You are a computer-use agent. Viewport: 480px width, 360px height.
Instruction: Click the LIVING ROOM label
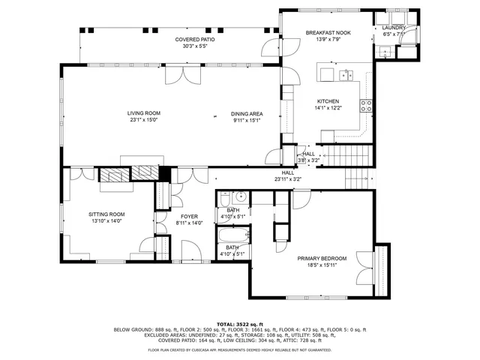(143, 113)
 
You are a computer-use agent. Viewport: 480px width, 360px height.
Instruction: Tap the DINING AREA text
(247, 113)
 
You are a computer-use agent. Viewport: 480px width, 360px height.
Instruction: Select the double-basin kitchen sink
(346, 74)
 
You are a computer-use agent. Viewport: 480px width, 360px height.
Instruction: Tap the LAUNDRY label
(394, 28)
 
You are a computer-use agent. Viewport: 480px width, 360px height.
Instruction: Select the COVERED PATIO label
(194, 39)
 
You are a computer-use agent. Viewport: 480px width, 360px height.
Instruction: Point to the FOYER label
(190, 216)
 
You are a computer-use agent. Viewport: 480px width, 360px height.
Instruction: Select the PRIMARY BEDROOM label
(322, 258)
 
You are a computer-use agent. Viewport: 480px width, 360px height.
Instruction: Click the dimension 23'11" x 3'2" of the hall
(287, 179)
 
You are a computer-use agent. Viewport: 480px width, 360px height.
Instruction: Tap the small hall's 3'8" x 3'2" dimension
(308, 160)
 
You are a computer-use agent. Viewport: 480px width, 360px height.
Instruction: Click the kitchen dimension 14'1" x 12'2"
(328, 108)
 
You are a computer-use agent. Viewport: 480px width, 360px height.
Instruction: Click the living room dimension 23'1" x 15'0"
(143, 119)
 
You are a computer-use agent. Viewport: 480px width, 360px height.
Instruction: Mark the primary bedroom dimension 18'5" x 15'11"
(322, 265)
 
